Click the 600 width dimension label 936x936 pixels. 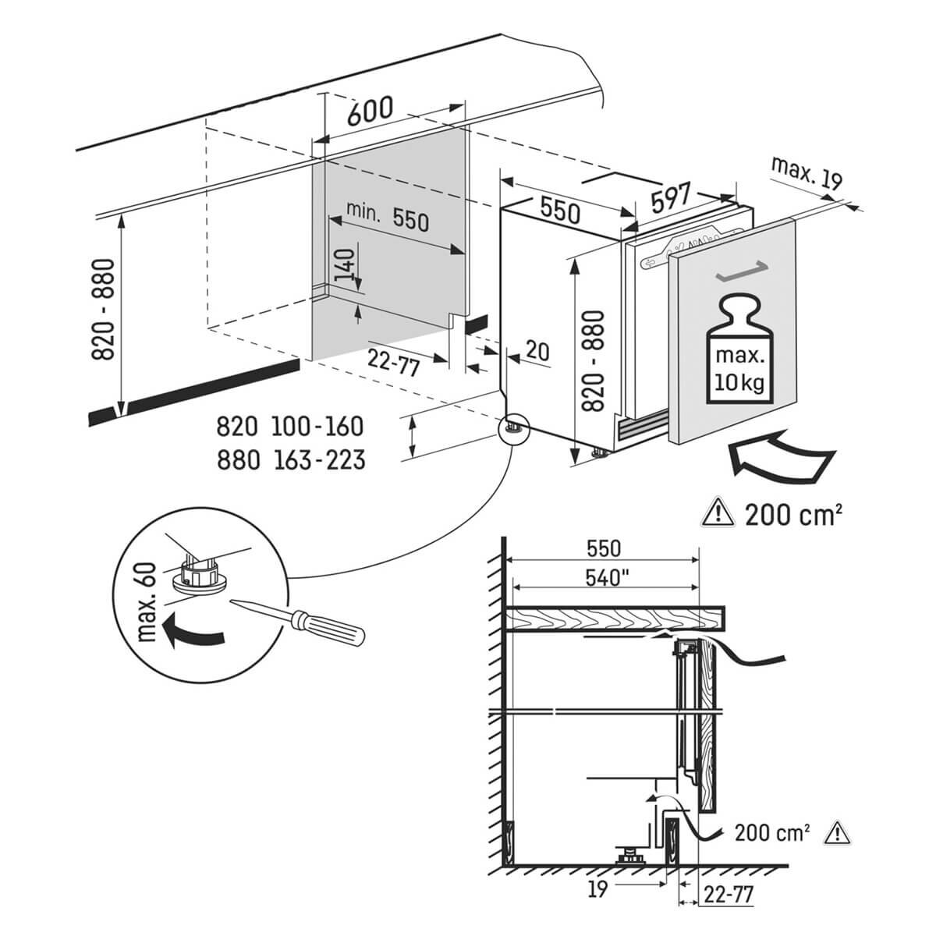tap(370, 111)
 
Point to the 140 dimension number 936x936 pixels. tap(344, 264)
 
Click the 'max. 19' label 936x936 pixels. tap(807, 172)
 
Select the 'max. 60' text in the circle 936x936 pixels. tap(146, 602)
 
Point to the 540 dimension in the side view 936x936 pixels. tap(607, 578)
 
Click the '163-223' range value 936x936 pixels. tap(320, 459)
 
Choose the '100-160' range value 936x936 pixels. tap(317, 427)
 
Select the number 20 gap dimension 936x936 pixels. tap(537, 351)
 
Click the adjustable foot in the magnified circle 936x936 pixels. tap(199, 575)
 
